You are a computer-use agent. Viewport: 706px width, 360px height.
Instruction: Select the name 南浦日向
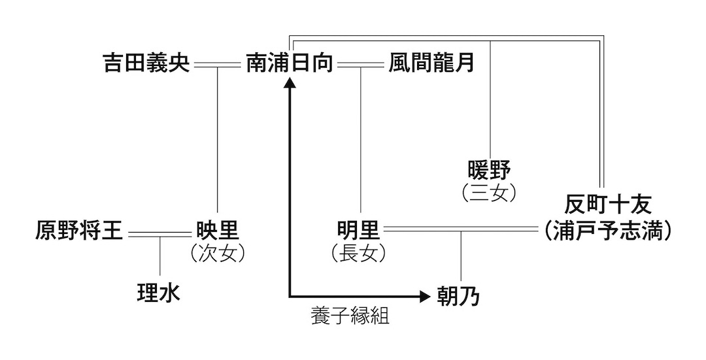tap(290, 63)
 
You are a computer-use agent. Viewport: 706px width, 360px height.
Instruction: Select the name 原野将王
tap(79, 230)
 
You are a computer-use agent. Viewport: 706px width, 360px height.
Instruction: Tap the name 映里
tap(217, 230)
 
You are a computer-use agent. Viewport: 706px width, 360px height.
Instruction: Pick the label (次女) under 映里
tap(217, 254)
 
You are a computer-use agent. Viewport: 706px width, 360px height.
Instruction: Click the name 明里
tap(358, 230)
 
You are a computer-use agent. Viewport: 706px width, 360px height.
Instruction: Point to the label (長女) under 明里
tap(358, 254)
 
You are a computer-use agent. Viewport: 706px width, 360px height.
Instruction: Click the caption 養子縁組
tap(350, 318)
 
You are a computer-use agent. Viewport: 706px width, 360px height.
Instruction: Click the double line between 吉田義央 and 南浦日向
tap(217, 64)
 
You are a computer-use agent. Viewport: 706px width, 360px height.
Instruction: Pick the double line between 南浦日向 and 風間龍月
tap(360, 64)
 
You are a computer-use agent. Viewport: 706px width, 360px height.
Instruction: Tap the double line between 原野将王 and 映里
tap(159, 233)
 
